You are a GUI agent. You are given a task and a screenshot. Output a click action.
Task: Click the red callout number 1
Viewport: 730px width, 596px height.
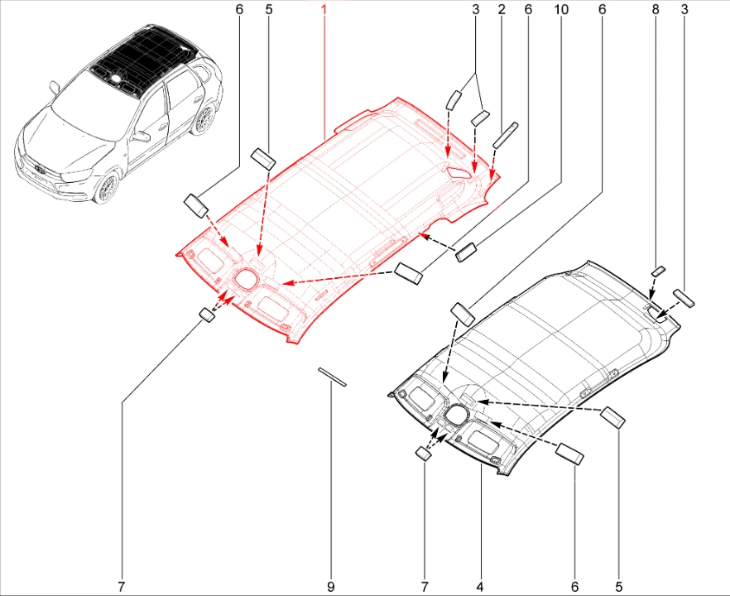pos(324,9)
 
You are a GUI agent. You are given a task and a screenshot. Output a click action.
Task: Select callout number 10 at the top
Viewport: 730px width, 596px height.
pos(561,9)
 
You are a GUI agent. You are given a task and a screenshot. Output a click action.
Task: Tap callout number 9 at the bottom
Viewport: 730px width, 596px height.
pos(330,587)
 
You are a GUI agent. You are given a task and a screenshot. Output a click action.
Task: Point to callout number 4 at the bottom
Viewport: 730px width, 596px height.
pos(479,587)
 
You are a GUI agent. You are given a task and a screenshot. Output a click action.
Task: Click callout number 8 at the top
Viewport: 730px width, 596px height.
pos(656,9)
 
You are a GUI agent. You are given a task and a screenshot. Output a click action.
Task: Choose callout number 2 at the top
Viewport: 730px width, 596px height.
pos(502,9)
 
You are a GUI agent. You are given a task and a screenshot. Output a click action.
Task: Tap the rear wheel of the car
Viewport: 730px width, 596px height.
pos(204,119)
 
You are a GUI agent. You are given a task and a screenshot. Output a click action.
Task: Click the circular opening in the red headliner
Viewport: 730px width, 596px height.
pos(245,277)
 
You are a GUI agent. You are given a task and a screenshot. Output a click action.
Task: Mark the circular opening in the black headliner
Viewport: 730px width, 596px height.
pos(456,415)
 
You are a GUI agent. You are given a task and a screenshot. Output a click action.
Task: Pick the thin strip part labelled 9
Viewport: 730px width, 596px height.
pos(333,377)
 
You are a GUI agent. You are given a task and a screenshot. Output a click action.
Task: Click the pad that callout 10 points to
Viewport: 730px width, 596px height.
pos(466,252)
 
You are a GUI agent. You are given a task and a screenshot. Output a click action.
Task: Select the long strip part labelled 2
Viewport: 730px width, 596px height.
pos(506,135)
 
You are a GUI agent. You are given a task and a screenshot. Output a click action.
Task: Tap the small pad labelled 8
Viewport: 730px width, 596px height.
pos(658,272)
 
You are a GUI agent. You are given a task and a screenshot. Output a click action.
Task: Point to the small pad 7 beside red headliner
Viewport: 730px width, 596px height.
pos(207,315)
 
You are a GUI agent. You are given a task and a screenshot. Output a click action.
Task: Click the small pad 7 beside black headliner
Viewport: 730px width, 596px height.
pos(423,453)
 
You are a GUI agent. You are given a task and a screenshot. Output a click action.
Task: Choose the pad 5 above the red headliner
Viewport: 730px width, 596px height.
pos(263,158)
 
